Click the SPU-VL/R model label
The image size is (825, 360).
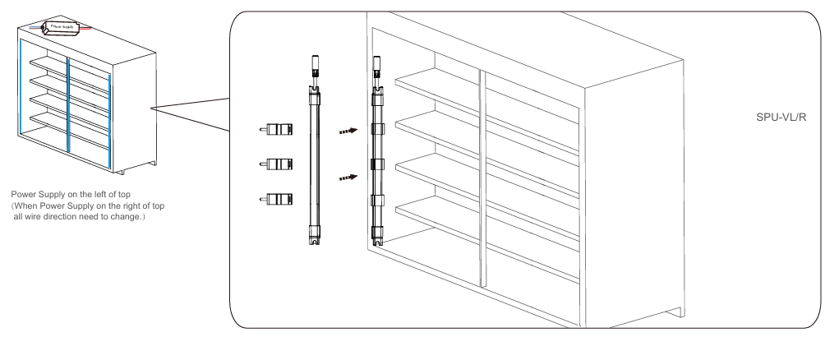(x=781, y=117)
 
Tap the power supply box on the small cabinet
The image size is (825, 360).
(x=61, y=26)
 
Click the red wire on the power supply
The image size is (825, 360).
(x=85, y=27)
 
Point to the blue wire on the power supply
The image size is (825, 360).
(x=36, y=26)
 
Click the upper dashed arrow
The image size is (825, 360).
(x=348, y=131)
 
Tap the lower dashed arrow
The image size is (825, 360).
(x=348, y=178)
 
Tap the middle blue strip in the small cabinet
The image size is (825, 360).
(x=68, y=104)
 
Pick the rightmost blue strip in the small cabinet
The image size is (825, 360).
(x=109, y=122)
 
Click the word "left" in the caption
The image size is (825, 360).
(x=109, y=195)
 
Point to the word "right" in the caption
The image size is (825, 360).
(x=131, y=205)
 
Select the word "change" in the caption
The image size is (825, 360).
(x=125, y=217)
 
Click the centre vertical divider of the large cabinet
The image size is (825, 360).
(x=482, y=179)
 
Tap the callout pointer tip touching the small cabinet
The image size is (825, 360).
(x=150, y=108)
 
